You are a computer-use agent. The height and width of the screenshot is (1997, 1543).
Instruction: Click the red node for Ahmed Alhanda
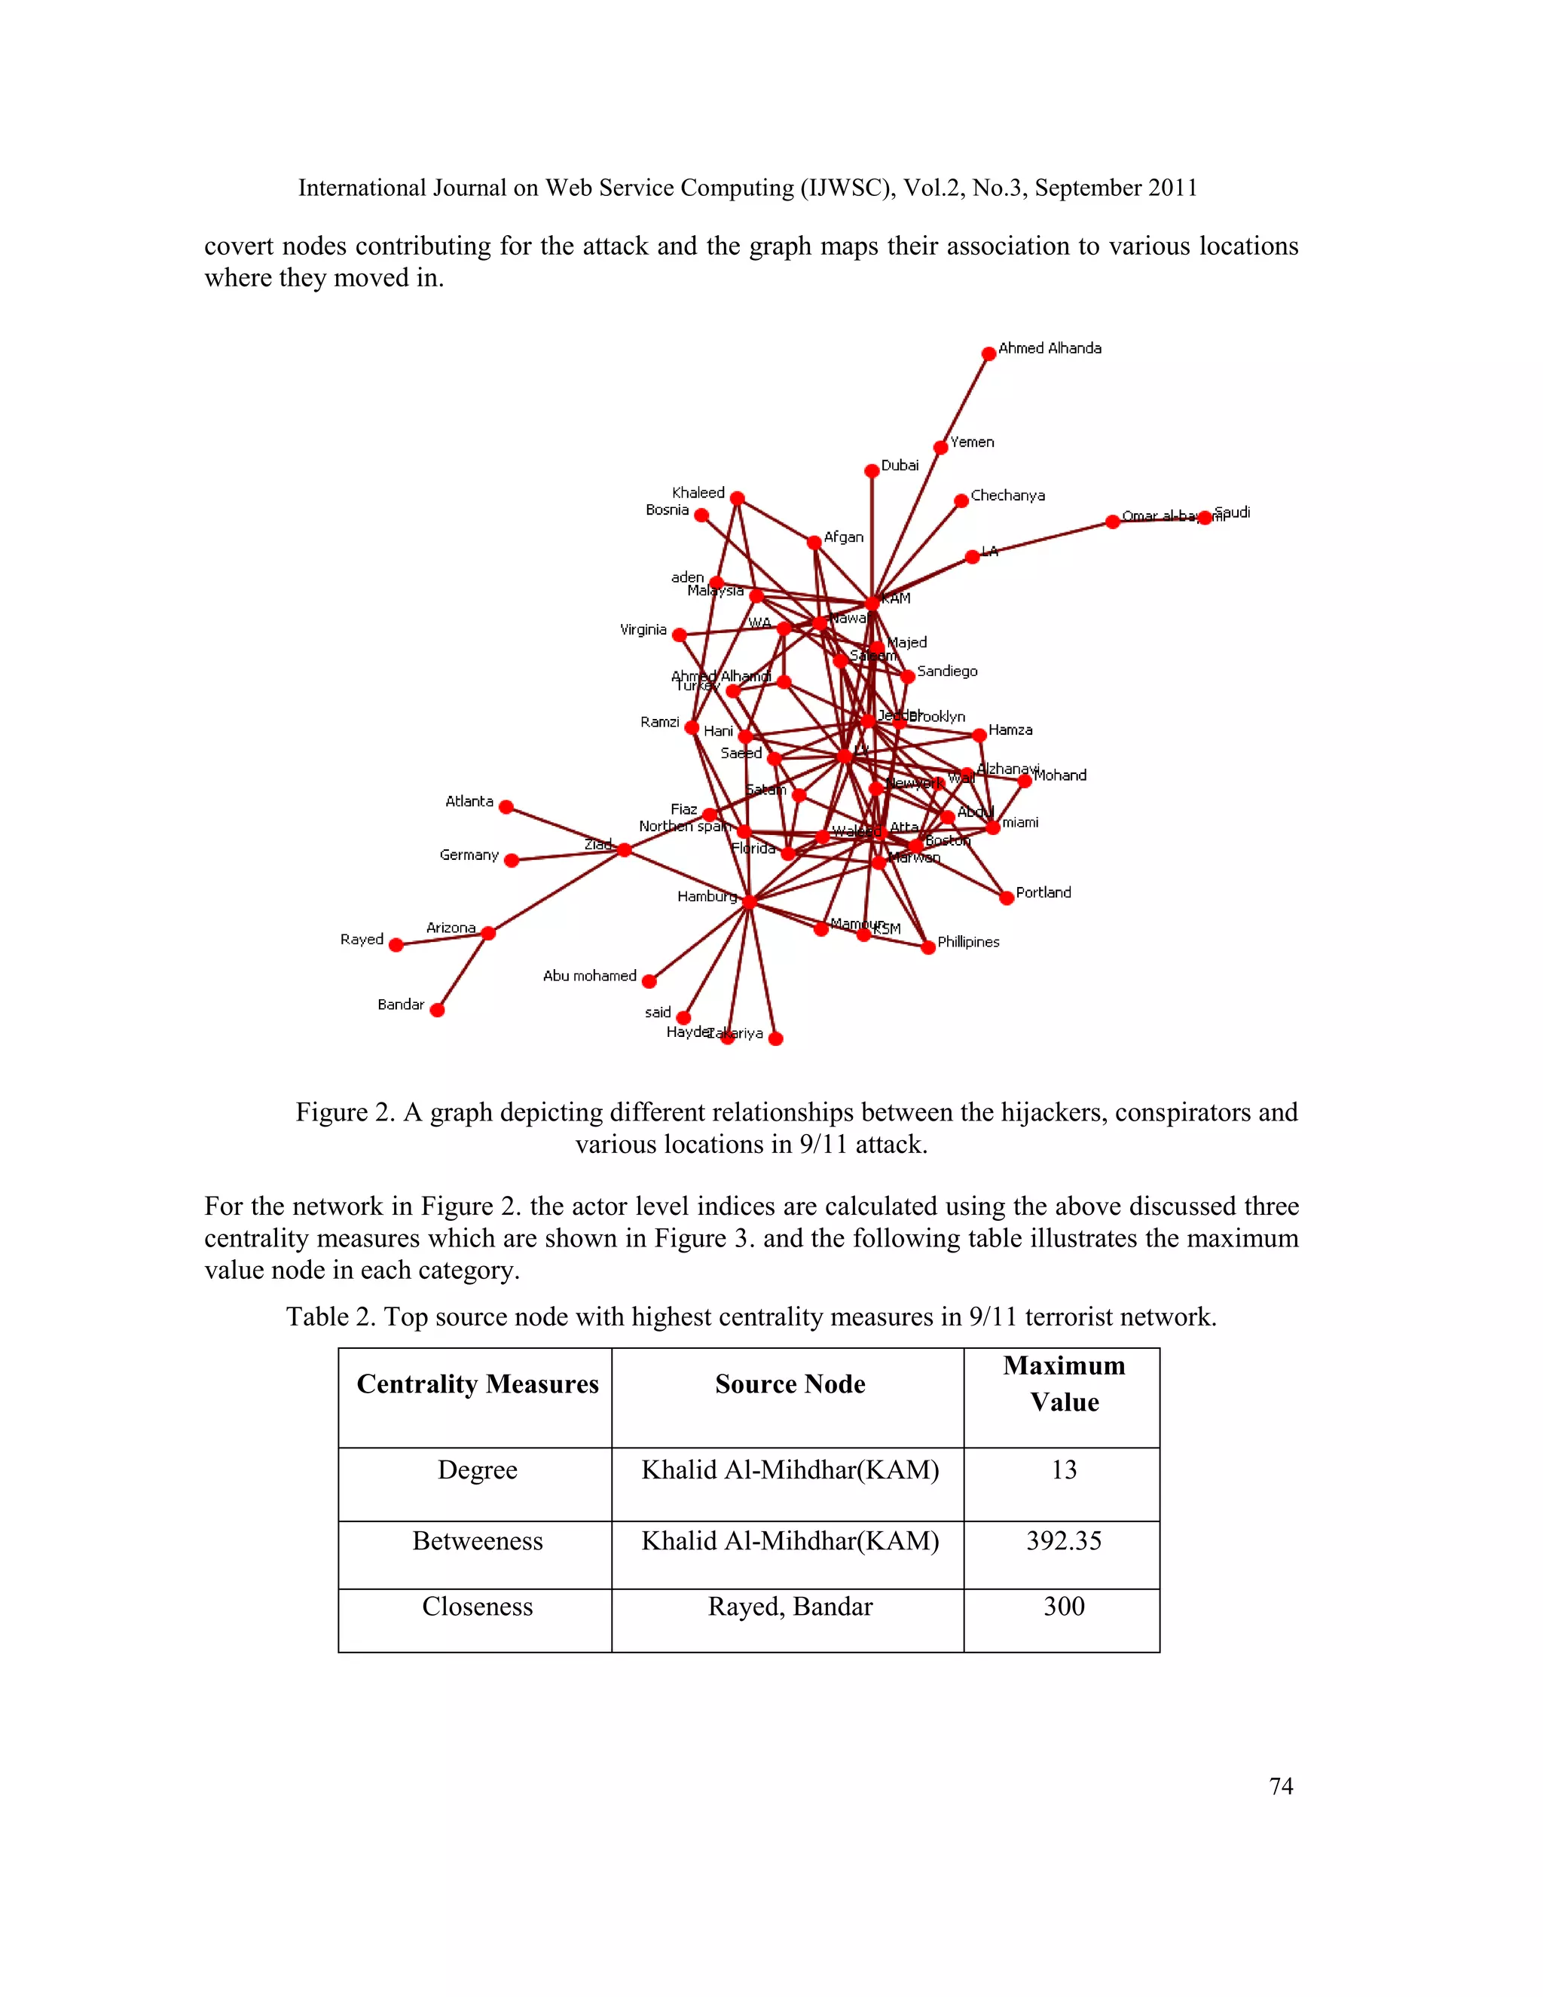pyautogui.click(x=988, y=354)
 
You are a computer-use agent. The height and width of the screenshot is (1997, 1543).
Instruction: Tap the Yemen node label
pyautogui.click(x=972, y=442)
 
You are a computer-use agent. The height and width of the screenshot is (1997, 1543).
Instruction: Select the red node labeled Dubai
pyautogui.click(x=872, y=471)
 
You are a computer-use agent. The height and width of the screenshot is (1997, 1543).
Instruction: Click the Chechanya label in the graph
pyautogui.click(x=1007, y=496)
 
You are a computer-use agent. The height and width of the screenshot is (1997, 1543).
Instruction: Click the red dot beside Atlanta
pyautogui.click(x=506, y=807)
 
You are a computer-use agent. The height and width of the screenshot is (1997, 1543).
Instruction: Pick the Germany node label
pyautogui.click(x=469, y=855)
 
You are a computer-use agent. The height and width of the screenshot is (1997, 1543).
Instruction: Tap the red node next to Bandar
pyautogui.click(x=437, y=1011)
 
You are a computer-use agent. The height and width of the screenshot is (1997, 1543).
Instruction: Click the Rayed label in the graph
pyautogui.click(x=362, y=939)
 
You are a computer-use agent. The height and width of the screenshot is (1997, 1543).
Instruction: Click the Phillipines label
pyautogui.click(x=968, y=942)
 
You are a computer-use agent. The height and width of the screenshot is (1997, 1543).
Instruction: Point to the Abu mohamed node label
pyautogui.click(x=590, y=976)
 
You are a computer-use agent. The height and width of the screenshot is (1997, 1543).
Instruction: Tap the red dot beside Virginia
pyautogui.click(x=679, y=635)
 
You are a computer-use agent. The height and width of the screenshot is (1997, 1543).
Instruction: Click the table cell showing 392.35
pyautogui.click(x=1063, y=1541)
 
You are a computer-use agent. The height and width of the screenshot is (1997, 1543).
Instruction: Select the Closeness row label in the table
pyautogui.click(x=477, y=1607)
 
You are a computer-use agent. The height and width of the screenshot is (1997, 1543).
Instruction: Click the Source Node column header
pyautogui.click(x=790, y=1384)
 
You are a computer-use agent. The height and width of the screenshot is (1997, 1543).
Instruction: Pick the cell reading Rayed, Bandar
pyautogui.click(x=790, y=1607)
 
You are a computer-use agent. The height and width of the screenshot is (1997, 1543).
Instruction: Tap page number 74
pyautogui.click(x=1281, y=1786)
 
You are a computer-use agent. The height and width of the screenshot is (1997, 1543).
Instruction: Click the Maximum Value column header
pyautogui.click(x=1063, y=1384)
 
